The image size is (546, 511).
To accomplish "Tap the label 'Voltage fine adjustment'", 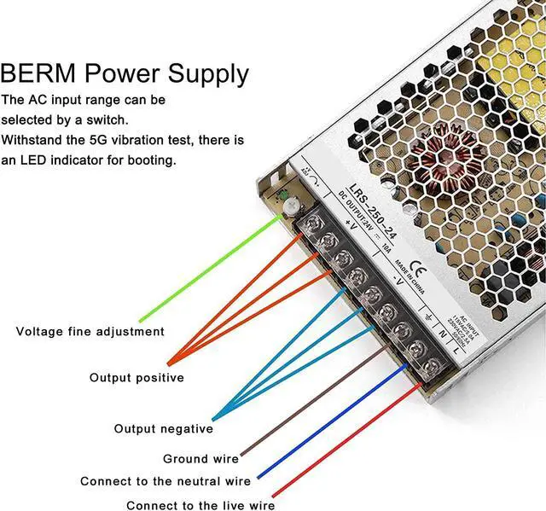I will coord(90,331).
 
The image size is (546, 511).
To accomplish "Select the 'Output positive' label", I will coord(136,377).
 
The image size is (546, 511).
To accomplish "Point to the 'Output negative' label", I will coord(164,428).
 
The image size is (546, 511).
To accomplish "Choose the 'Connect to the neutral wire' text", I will coord(166,481).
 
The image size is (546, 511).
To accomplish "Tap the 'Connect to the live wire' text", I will coord(200,505).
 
